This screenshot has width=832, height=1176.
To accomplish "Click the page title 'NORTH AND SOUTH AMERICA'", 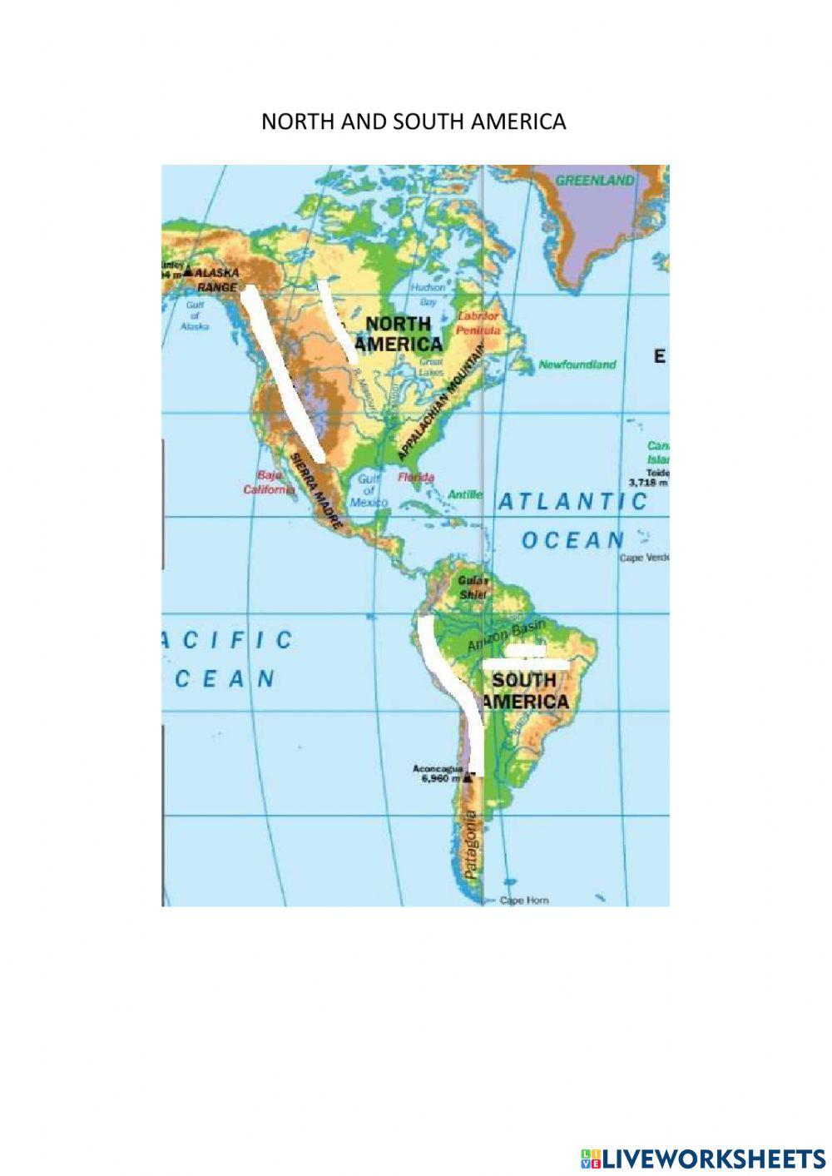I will click(x=414, y=122).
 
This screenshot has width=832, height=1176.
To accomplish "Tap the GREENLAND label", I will click(x=595, y=180).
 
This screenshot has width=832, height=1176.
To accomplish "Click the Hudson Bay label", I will click(x=428, y=294).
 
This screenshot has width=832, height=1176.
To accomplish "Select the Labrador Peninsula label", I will click(x=478, y=323).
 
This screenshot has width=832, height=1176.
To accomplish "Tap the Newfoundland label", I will click(x=577, y=365).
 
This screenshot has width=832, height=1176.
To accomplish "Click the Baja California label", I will click(x=269, y=484).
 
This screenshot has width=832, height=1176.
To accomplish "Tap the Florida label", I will click(x=416, y=477).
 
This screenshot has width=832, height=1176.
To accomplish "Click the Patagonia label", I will click(x=472, y=846).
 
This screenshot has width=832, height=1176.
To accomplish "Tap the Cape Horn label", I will click(x=523, y=901).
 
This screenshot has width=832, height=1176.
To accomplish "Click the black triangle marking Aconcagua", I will click(x=468, y=777).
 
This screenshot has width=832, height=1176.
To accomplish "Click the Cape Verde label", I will click(x=643, y=558).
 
